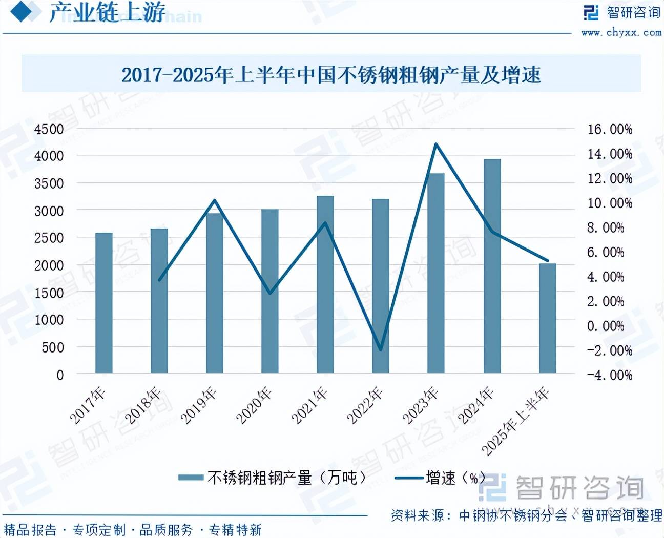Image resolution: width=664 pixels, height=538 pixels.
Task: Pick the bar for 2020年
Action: tap(270, 291)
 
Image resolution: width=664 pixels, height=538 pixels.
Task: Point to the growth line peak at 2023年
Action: tap(436, 144)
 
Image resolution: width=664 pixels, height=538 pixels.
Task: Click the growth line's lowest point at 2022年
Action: tap(381, 350)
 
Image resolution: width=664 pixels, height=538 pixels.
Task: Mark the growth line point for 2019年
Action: tap(215, 200)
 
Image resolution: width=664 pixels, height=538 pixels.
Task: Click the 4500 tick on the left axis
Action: tap(49, 129)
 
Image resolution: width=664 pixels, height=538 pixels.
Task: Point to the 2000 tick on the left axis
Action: tap(49, 265)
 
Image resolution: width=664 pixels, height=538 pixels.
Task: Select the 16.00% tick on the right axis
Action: tap(609, 129)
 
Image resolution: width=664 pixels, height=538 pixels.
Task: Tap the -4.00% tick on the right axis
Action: tap(609, 375)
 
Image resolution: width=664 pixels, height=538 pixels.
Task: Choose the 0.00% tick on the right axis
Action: tap(605, 326)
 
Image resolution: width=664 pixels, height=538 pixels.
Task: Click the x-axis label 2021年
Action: tap(309, 406)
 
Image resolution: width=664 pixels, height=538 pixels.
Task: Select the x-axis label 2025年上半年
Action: tap(515, 421)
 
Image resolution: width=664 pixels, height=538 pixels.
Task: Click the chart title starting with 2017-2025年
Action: tap(331, 75)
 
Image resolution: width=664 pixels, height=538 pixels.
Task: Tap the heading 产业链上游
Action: tap(108, 12)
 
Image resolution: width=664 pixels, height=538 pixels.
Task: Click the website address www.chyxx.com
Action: tap(621, 32)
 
